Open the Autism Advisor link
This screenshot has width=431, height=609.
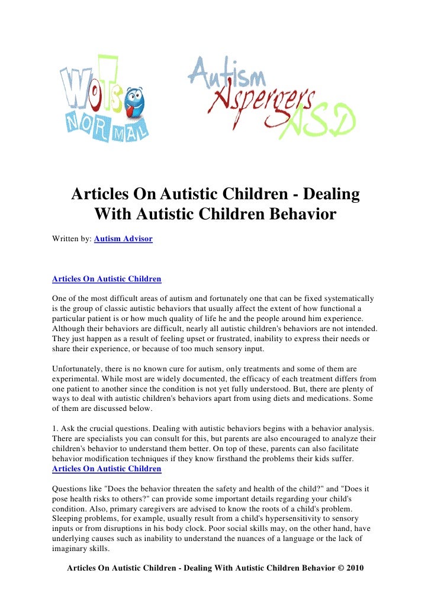tap(123, 239)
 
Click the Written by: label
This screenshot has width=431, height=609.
tap(72, 239)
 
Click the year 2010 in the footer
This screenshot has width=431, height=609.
tap(352, 568)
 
